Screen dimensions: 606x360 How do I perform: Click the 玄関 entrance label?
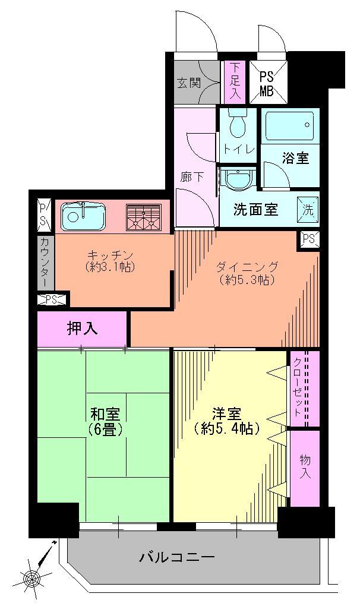click(x=188, y=83)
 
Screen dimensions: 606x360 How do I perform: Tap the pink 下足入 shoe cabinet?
click(x=234, y=82)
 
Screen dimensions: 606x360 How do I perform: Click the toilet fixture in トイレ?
click(x=238, y=124)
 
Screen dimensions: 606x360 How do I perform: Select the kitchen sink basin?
click(x=83, y=216)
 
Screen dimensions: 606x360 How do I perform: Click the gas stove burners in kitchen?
click(x=144, y=217)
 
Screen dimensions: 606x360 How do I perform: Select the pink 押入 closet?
click(x=82, y=329)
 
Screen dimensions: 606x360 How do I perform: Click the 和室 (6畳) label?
click(x=108, y=421)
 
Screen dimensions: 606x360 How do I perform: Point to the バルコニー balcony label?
click(x=176, y=558)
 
